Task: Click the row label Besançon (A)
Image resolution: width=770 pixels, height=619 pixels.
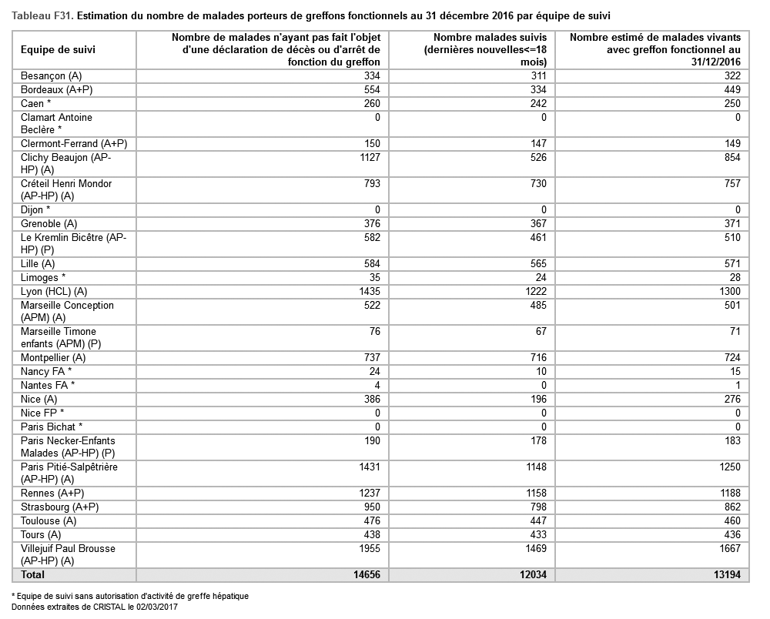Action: coord(50,75)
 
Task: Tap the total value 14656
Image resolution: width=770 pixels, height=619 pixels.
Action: coord(365,574)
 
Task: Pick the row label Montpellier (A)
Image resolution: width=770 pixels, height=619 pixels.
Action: coord(53,357)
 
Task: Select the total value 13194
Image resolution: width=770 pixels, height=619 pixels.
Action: coord(725,574)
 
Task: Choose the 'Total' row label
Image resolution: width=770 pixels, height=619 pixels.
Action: coord(33,574)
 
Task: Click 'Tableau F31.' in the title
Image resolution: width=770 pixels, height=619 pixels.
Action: coord(43,15)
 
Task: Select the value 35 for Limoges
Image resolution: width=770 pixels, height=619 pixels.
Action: coord(375,277)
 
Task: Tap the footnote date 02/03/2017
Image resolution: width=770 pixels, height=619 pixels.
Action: coord(155,607)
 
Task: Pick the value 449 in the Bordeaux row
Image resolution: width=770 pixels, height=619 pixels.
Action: coord(731,89)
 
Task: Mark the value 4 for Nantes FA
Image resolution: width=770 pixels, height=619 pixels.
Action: coord(377,385)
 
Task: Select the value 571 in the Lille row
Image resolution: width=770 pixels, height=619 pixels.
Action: coord(731,263)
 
